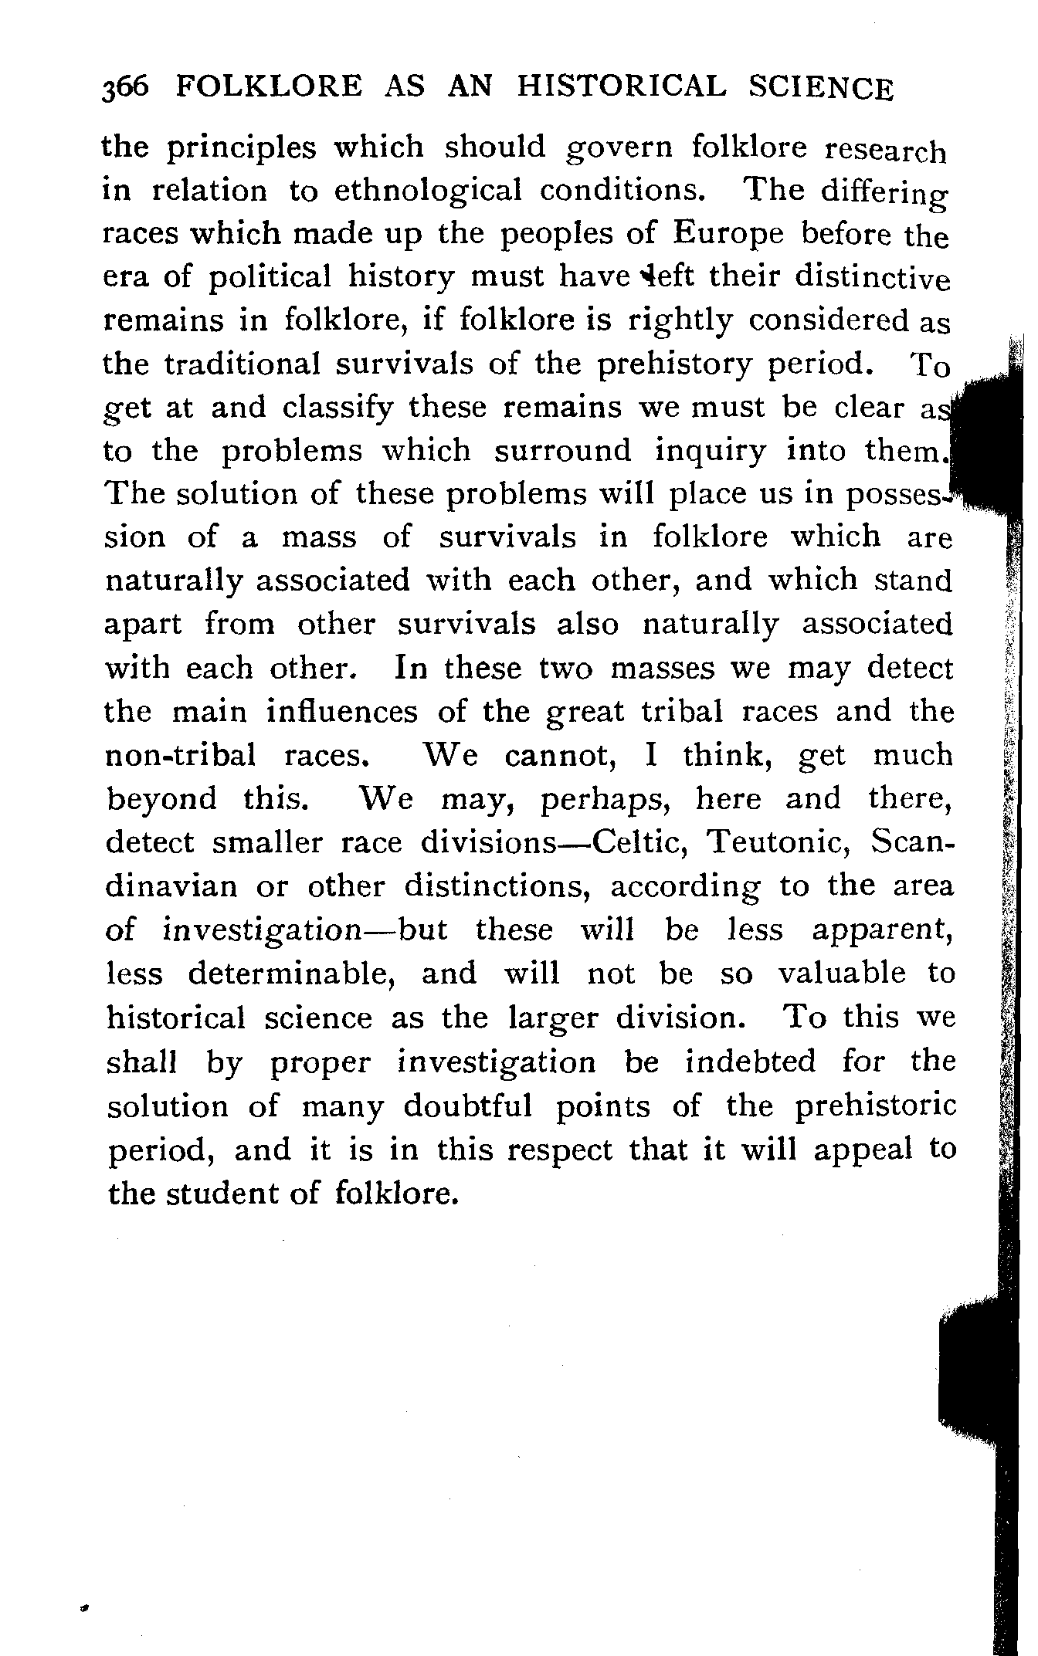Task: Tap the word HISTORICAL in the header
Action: (x=622, y=86)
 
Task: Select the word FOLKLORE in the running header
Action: (x=269, y=86)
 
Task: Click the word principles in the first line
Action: (x=243, y=148)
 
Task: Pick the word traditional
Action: (x=243, y=364)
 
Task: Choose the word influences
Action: (x=341, y=712)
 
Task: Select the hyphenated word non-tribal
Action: (x=180, y=756)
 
